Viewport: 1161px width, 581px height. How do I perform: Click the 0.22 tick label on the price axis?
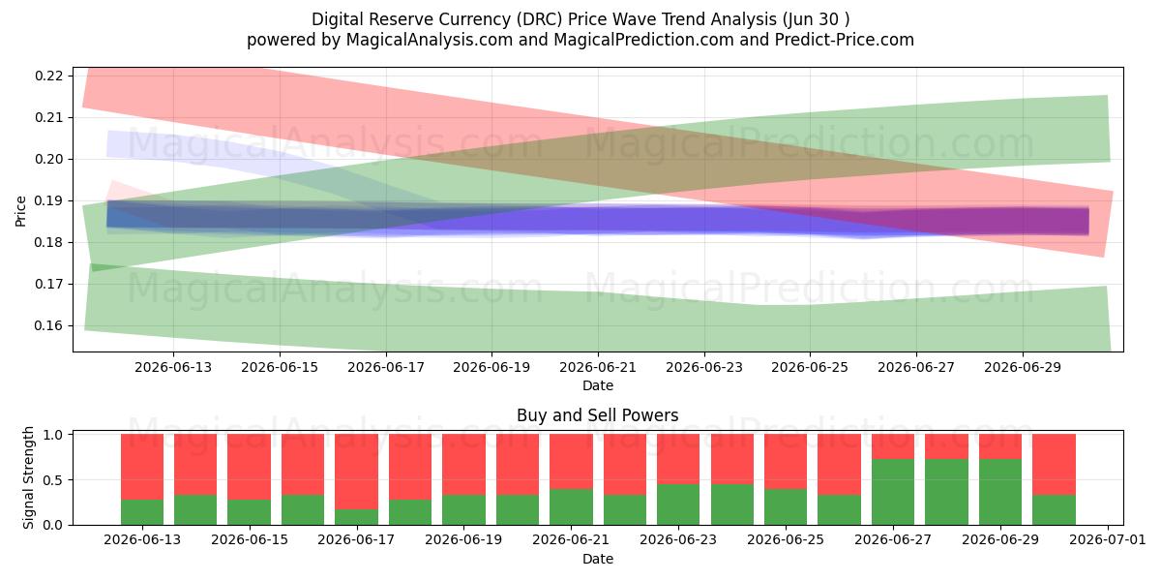pos(48,76)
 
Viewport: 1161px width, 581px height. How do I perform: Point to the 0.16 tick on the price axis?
pos(48,325)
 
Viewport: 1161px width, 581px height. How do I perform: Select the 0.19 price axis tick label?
pos(48,200)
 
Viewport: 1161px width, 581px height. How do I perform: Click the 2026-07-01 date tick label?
pos(1108,539)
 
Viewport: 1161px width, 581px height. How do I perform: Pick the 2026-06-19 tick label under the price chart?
pos(491,367)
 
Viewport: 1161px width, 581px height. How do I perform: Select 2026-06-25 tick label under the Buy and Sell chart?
pos(786,539)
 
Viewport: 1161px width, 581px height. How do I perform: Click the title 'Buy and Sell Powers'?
pos(598,415)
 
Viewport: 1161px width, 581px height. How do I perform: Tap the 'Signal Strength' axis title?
pos(28,477)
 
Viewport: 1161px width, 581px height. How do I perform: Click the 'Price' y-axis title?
pos(20,211)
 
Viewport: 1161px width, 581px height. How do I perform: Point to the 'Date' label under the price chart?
pos(598,385)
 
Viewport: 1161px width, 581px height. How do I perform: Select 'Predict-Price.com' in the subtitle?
pos(845,40)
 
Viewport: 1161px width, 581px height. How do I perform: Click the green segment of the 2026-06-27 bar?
pos(893,492)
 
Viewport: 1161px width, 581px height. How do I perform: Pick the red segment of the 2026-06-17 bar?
pos(357,472)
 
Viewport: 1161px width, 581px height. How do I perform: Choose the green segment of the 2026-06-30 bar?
pos(1054,510)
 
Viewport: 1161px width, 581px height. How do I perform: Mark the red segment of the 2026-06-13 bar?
pos(142,467)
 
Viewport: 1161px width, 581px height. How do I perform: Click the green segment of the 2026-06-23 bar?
pos(678,505)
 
